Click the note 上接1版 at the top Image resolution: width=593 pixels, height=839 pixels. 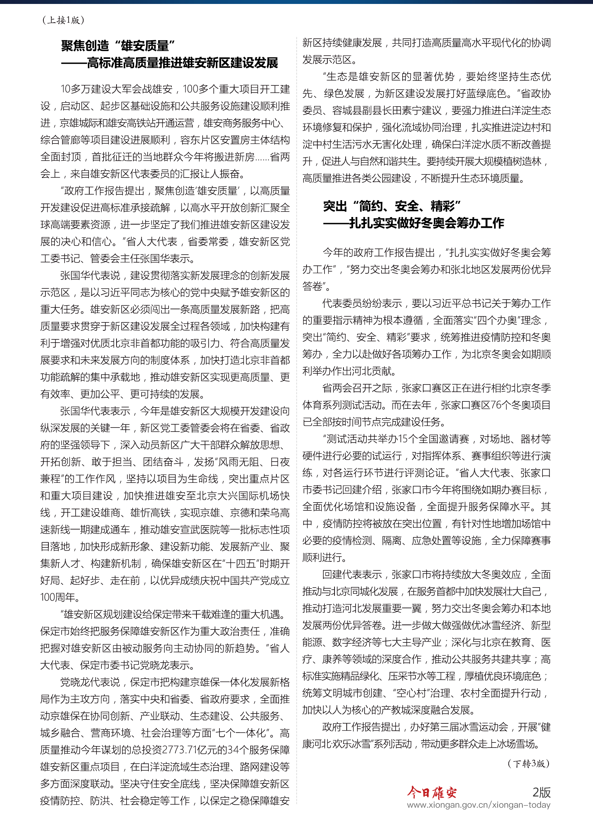(x=63, y=20)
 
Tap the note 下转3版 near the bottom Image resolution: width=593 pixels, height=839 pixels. (x=528, y=763)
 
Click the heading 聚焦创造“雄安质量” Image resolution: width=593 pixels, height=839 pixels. (x=118, y=46)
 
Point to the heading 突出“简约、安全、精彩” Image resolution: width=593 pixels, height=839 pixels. (x=392, y=207)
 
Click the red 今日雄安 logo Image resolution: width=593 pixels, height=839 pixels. (x=432, y=792)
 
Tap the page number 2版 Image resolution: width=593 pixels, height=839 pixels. (x=541, y=792)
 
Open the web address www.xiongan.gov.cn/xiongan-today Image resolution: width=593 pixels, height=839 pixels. (x=478, y=805)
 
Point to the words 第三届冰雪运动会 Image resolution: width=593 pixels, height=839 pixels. (x=459, y=727)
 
